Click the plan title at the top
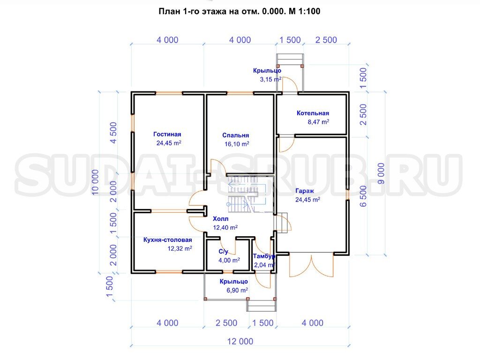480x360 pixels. (x=240, y=11)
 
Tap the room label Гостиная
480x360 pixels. (x=167, y=134)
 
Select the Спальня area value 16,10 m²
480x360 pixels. (x=237, y=144)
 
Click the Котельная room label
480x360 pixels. (x=313, y=113)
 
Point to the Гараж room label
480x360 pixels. (x=305, y=191)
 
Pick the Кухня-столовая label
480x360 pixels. (x=168, y=240)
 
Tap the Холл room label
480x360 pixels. (x=220, y=218)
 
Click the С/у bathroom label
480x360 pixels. (x=223, y=251)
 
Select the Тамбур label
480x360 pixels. (x=264, y=256)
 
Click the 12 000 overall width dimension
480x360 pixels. (x=240, y=341)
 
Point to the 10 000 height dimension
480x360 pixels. (x=96, y=182)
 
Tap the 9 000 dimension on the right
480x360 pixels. (x=381, y=173)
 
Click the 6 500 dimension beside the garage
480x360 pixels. (x=363, y=196)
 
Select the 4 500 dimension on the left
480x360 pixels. (x=113, y=133)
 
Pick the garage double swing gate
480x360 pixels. (x=311, y=265)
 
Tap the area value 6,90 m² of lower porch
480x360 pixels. (x=237, y=290)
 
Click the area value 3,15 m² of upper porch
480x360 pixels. (x=270, y=79)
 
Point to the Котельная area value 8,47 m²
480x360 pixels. (x=318, y=122)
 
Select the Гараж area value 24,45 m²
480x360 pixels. (x=307, y=200)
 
